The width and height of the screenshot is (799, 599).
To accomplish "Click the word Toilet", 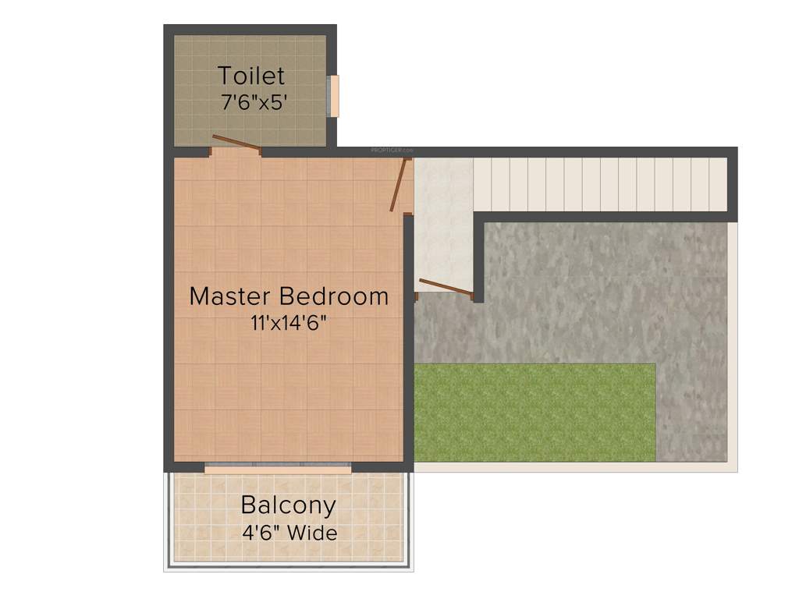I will tap(250, 76).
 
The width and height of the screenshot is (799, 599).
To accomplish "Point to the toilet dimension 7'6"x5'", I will tap(250, 101).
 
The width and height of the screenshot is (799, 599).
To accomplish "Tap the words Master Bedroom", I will tap(289, 296).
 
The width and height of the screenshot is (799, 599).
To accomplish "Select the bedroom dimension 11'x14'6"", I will tap(289, 322).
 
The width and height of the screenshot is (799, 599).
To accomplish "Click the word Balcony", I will tap(288, 505).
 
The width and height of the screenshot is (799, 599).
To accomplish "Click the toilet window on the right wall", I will tap(333, 96).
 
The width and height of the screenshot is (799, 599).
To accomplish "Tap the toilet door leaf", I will tap(236, 143).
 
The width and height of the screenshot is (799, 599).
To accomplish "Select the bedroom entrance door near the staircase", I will tap(399, 185).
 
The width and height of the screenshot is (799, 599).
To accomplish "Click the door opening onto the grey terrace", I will tap(446, 286).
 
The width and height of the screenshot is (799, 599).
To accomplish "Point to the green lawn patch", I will tap(534, 412).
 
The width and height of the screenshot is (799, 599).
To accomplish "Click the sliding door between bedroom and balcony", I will tap(277, 469).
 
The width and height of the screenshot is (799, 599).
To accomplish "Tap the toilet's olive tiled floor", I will tap(195, 117).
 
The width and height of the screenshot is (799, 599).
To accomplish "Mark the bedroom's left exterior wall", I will tap(168, 312).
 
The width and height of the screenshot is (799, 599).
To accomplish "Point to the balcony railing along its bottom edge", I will tap(288, 568).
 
